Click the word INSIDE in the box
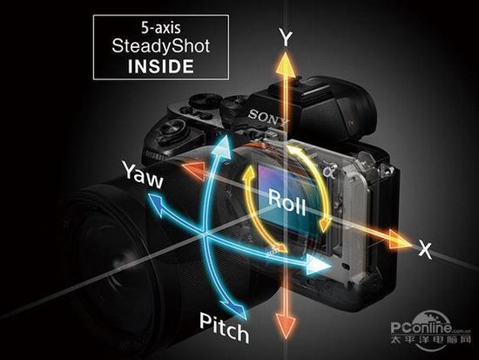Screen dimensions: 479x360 (x=161, y=66)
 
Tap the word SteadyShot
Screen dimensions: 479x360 (x=161, y=46)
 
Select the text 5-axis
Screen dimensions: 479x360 (x=161, y=28)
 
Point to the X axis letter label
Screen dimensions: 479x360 (x=425, y=249)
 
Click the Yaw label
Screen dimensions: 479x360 (x=143, y=175)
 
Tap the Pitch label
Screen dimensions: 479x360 (x=224, y=328)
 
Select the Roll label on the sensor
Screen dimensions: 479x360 (x=287, y=201)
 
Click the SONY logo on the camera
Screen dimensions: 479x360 (x=268, y=118)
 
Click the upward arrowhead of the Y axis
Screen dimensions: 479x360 (x=286, y=65)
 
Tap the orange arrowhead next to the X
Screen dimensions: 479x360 (x=400, y=239)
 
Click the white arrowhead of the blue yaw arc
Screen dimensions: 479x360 (x=319, y=265)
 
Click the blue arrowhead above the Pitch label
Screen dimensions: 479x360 (x=237, y=309)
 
